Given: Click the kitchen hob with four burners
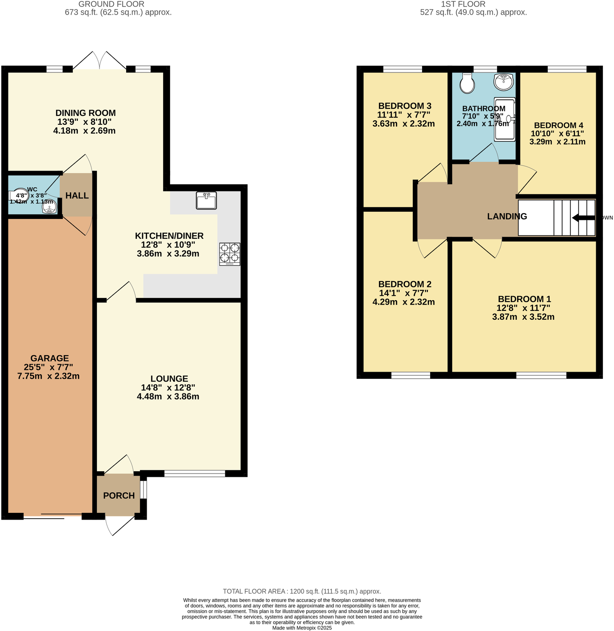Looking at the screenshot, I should coord(230,254).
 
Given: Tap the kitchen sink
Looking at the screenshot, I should coord(206,200).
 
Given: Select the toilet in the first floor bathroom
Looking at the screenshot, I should coord(467,83).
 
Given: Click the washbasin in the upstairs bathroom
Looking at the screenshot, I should coord(503,81).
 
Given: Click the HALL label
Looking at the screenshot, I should coord(77,196).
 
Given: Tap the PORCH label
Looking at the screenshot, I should coord(119,496).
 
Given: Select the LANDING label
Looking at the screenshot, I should coord(507,216).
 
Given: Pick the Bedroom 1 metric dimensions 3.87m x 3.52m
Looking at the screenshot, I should coord(523,317).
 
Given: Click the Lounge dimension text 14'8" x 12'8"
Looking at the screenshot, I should coord(168,388).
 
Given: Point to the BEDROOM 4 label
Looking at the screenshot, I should coord(558,125).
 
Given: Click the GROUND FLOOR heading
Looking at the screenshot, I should coord(111,4).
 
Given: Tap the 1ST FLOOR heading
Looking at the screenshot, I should coord(463,4).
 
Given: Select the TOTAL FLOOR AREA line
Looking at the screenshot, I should coord(302,591).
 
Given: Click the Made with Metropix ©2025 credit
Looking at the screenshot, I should coord(302,628).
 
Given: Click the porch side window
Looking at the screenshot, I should coord(143,490).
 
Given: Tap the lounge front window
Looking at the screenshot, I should coord(195,474).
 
